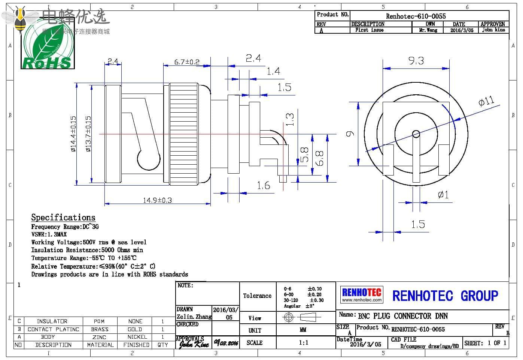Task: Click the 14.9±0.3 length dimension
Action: (x=157, y=200)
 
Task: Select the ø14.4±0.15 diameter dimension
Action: (x=73, y=134)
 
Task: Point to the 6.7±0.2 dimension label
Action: (x=187, y=62)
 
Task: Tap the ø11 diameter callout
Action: (x=486, y=101)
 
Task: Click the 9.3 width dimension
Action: (x=416, y=61)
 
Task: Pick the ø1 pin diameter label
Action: (x=443, y=195)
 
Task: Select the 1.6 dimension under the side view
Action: (x=264, y=185)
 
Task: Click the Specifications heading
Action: (x=63, y=217)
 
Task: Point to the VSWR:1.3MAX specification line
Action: (x=49, y=234)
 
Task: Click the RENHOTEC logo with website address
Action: (x=362, y=295)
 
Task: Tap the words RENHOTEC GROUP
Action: (x=445, y=296)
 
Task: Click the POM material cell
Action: (x=99, y=321)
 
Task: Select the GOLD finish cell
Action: (x=135, y=329)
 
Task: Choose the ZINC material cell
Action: (x=99, y=337)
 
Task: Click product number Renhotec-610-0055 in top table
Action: (x=416, y=16)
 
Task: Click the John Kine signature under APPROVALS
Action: (x=193, y=344)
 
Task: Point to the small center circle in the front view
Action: (x=416, y=134)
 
